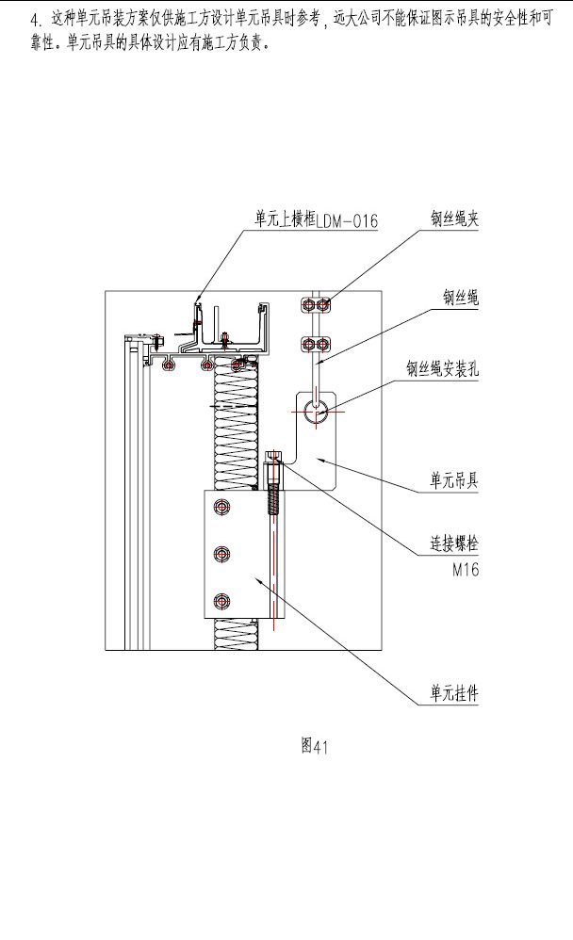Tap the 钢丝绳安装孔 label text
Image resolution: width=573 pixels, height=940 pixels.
coord(443,369)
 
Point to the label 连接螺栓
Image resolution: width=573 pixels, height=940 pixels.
coord(449,545)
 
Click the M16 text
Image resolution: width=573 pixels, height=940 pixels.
coord(466,570)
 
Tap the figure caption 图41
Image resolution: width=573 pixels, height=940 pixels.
coord(314,746)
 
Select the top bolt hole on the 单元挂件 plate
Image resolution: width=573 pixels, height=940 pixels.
coord(222,510)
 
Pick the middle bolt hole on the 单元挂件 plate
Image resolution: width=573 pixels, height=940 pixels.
coord(222,555)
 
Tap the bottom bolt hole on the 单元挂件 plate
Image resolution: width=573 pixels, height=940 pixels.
coord(222,599)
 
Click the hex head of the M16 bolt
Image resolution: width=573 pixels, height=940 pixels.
coord(273,459)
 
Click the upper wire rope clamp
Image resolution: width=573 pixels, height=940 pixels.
coord(316,304)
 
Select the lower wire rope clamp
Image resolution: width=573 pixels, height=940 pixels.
coord(316,343)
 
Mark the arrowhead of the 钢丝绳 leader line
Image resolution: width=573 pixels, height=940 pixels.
coord(318,363)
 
